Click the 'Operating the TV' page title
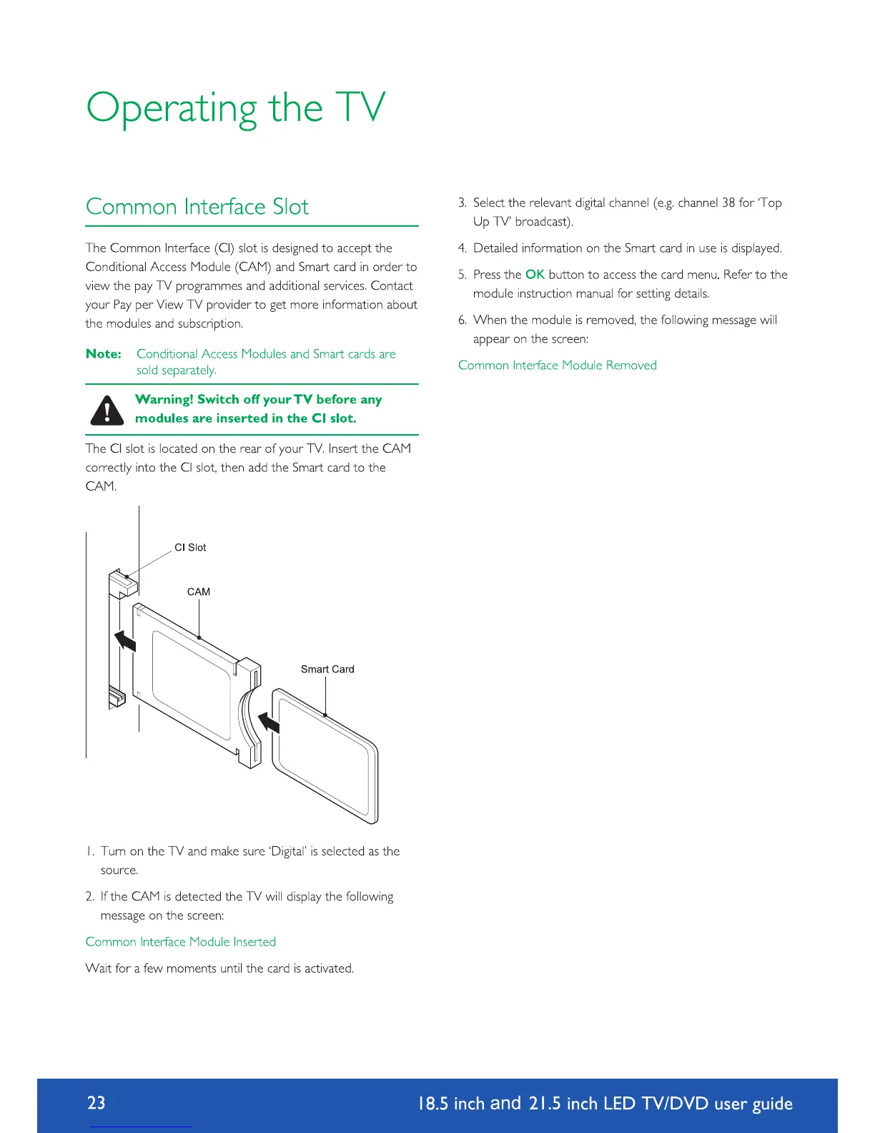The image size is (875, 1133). click(236, 109)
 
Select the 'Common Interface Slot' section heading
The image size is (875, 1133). click(197, 207)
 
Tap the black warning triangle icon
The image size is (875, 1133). click(107, 410)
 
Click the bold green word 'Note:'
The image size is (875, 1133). click(104, 354)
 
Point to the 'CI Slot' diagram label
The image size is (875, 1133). click(190, 547)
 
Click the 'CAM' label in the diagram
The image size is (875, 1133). click(199, 592)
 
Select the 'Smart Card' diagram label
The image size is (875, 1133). click(327, 669)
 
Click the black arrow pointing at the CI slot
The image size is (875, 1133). click(126, 639)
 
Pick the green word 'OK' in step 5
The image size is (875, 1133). click(535, 275)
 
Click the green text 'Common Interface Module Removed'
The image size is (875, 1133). click(557, 365)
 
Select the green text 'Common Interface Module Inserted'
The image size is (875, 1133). click(180, 941)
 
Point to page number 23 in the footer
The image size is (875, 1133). click(97, 1102)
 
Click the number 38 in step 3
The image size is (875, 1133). click(728, 202)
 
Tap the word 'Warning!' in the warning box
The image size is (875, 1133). click(164, 399)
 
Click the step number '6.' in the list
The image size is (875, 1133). click(463, 320)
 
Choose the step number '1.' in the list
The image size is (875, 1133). click(90, 851)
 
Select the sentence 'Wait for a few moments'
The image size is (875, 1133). click(219, 968)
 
